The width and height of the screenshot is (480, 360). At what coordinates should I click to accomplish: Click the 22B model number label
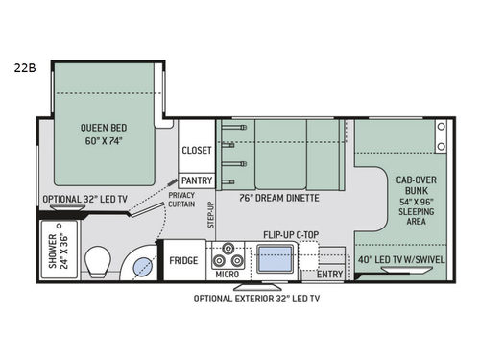pyautogui.click(x=25, y=68)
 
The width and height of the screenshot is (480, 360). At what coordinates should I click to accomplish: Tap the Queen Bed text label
pyautogui.click(x=104, y=128)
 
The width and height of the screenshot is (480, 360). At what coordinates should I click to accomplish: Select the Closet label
pyautogui.click(x=197, y=150)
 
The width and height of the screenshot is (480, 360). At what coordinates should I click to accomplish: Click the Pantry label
pyautogui.click(x=197, y=180)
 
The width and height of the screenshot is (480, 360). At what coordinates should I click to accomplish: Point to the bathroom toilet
pyautogui.click(x=98, y=262)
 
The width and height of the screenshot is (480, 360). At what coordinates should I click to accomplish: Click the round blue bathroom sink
pyautogui.click(x=142, y=267)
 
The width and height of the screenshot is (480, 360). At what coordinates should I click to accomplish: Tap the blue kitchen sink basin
pyautogui.click(x=275, y=259)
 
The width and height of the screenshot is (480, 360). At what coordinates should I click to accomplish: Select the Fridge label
pyautogui.click(x=183, y=260)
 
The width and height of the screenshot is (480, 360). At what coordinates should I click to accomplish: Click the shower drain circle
pyautogui.click(x=59, y=226)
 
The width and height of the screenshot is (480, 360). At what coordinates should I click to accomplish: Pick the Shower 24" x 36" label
pyautogui.click(x=59, y=252)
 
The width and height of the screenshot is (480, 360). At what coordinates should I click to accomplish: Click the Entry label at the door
pyautogui.click(x=330, y=275)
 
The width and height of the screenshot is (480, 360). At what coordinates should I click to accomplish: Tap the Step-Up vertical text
pyautogui.click(x=210, y=215)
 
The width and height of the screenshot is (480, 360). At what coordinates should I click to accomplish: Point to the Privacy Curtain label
pyautogui.click(x=181, y=200)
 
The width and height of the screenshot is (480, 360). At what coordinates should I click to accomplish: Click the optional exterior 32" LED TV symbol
pyautogui.click(x=257, y=286)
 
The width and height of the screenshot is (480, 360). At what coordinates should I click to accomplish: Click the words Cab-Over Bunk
pyautogui.click(x=417, y=185)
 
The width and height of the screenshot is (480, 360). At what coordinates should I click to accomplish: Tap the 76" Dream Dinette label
pyautogui.click(x=279, y=198)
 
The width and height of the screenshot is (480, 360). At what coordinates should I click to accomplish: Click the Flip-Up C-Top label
pyautogui.click(x=291, y=235)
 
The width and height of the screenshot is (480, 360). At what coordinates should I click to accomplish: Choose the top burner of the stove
pyautogui.click(x=228, y=248)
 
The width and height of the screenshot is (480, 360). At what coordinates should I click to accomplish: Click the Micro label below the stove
pyautogui.click(x=228, y=275)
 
